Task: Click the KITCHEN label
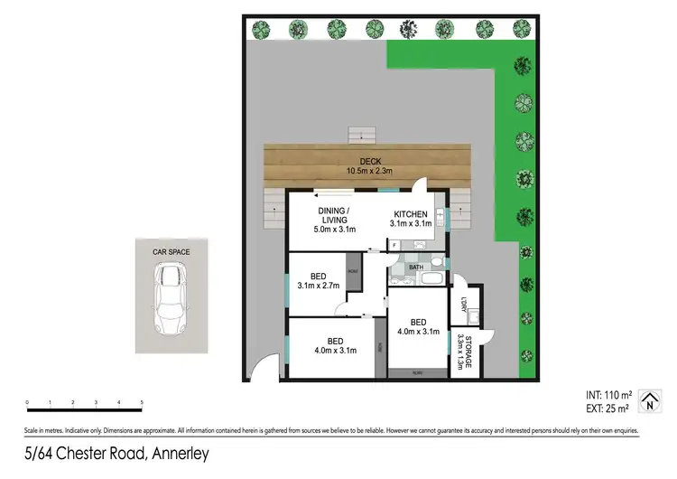(x=410, y=213)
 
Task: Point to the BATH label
(x=414, y=268)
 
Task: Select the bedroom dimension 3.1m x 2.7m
(x=318, y=286)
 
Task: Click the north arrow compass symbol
(x=647, y=401)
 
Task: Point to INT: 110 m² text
(x=608, y=394)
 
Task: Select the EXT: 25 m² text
(x=608, y=409)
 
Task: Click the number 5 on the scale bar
(x=143, y=402)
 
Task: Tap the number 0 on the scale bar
(x=27, y=402)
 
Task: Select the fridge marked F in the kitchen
(x=394, y=244)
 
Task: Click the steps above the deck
(x=362, y=134)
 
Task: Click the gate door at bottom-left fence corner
(x=260, y=370)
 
